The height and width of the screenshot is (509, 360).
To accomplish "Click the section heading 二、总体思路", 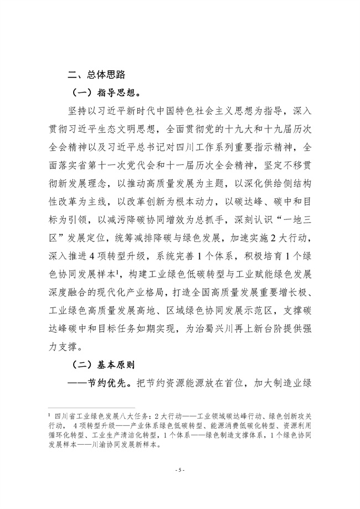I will [x=97, y=77].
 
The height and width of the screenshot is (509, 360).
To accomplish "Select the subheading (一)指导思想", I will [x=104, y=95].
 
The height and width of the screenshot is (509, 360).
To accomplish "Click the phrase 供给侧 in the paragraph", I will [x=258, y=184].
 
